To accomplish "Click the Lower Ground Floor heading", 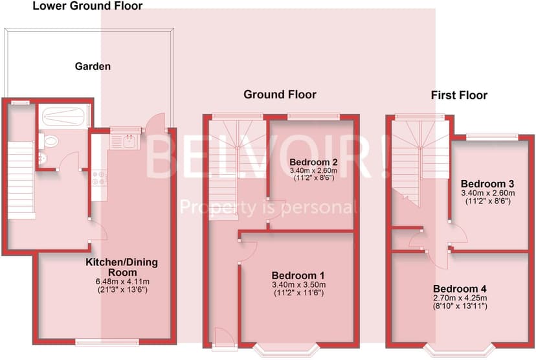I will pos(87,6).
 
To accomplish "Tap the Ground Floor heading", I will pos(280,95).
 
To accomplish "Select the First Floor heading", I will pos(459,96).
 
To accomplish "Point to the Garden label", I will pos(93,66).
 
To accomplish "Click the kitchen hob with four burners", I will pos(100,178).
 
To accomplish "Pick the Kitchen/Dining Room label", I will pos(122,267).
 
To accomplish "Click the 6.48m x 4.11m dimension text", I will pos(122,282).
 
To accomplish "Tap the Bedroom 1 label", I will pos(298,275).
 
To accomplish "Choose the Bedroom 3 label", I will pos(487,183).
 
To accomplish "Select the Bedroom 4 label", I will pos(460,289).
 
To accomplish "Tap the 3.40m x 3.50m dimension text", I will pos(298,285).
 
